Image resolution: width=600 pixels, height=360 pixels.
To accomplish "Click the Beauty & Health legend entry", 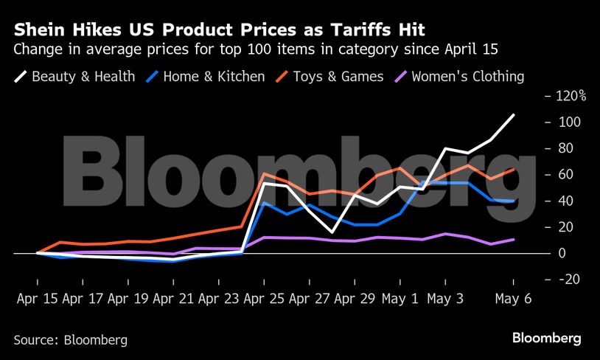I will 74,76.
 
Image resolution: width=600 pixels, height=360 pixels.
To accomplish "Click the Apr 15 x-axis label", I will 38,300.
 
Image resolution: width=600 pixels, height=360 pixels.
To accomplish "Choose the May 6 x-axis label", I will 513,300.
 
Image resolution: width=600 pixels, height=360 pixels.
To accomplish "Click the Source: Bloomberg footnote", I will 70,340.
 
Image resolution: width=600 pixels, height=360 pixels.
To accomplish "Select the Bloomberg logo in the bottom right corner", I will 547,339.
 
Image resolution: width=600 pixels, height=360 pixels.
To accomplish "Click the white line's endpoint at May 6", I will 514,114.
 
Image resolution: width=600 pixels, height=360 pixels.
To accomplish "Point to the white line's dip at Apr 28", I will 332,232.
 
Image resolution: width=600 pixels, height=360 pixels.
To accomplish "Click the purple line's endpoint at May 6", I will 514,239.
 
